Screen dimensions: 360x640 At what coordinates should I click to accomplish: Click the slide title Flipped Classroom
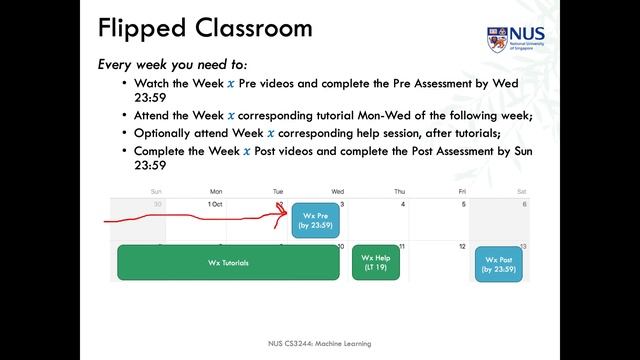tap(205, 28)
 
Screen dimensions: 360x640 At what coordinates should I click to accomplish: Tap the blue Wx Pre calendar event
tap(315, 220)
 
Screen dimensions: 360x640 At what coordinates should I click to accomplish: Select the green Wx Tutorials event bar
tap(228, 263)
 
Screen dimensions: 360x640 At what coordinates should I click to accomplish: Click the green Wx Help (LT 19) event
tap(376, 263)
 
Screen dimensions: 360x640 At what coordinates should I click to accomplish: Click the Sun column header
tap(156, 190)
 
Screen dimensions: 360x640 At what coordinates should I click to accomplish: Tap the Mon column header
tap(216, 190)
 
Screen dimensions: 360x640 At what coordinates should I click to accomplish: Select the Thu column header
tap(399, 190)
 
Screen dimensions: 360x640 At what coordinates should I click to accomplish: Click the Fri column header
tap(461, 190)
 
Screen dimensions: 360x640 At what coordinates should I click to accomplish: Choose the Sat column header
tap(521, 190)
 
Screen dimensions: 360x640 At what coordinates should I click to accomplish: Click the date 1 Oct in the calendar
tap(214, 204)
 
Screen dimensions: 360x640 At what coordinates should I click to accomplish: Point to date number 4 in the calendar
tap(403, 204)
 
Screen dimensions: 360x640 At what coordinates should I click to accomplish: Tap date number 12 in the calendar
tap(463, 246)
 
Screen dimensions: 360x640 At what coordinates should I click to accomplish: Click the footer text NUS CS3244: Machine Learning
tap(320, 343)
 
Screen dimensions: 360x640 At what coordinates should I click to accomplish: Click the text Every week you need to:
tap(166, 64)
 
